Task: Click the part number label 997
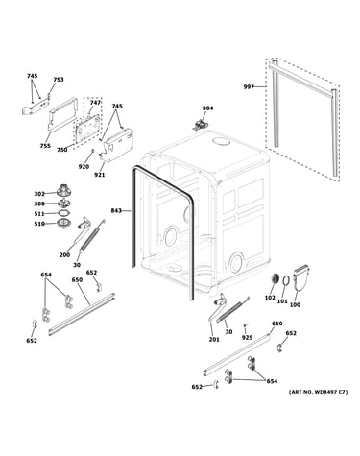[249, 86]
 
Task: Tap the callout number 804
[207, 108]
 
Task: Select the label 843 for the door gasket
[116, 210]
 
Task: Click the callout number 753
[59, 80]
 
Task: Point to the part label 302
[39, 194]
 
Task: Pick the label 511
[39, 214]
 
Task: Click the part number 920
[84, 166]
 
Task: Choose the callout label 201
[214, 340]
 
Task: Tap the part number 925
[247, 338]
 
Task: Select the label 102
[270, 298]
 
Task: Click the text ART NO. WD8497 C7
[318, 392]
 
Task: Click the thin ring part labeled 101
[286, 280]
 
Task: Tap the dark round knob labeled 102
[274, 278]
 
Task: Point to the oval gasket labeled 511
[64, 213]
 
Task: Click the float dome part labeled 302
[63, 190]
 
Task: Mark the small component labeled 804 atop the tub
[200, 124]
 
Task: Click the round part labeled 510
[63, 224]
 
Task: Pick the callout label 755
[45, 146]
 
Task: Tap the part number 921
[100, 175]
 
